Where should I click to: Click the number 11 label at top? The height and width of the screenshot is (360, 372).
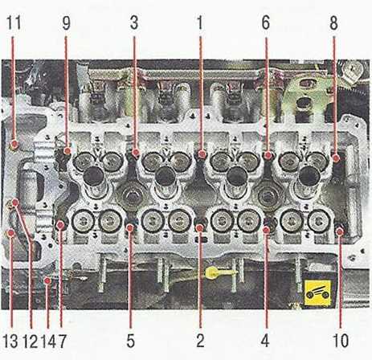click(x=14, y=23)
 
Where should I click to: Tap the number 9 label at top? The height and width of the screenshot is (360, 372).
click(x=66, y=23)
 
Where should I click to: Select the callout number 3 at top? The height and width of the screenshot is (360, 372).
click(x=134, y=23)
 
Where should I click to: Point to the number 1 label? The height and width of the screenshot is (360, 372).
click(x=200, y=23)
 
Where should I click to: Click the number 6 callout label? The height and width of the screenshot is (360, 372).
click(x=266, y=23)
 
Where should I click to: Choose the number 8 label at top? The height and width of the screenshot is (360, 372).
click(x=333, y=23)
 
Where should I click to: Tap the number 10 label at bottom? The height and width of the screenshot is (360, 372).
click(x=341, y=341)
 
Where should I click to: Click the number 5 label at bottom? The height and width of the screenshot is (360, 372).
click(x=130, y=341)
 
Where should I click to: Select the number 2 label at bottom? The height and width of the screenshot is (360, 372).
click(x=200, y=341)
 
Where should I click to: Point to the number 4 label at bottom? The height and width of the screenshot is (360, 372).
click(x=265, y=341)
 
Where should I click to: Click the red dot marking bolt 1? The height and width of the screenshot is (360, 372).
click(x=202, y=154)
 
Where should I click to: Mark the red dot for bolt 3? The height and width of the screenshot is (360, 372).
click(x=136, y=153)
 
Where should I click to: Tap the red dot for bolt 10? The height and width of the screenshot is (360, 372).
click(x=340, y=231)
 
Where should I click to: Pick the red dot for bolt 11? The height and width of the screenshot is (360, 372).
click(x=14, y=145)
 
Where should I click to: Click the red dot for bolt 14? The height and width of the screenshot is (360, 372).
click(x=47, y=280)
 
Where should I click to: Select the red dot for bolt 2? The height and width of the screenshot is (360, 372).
click(x=199, y=228)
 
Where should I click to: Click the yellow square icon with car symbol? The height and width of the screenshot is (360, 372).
click(x=318, y=293)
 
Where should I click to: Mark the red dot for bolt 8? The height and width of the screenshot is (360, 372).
click(x=337, y=158)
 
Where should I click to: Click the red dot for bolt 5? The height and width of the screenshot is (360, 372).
click(x=130, y=228)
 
